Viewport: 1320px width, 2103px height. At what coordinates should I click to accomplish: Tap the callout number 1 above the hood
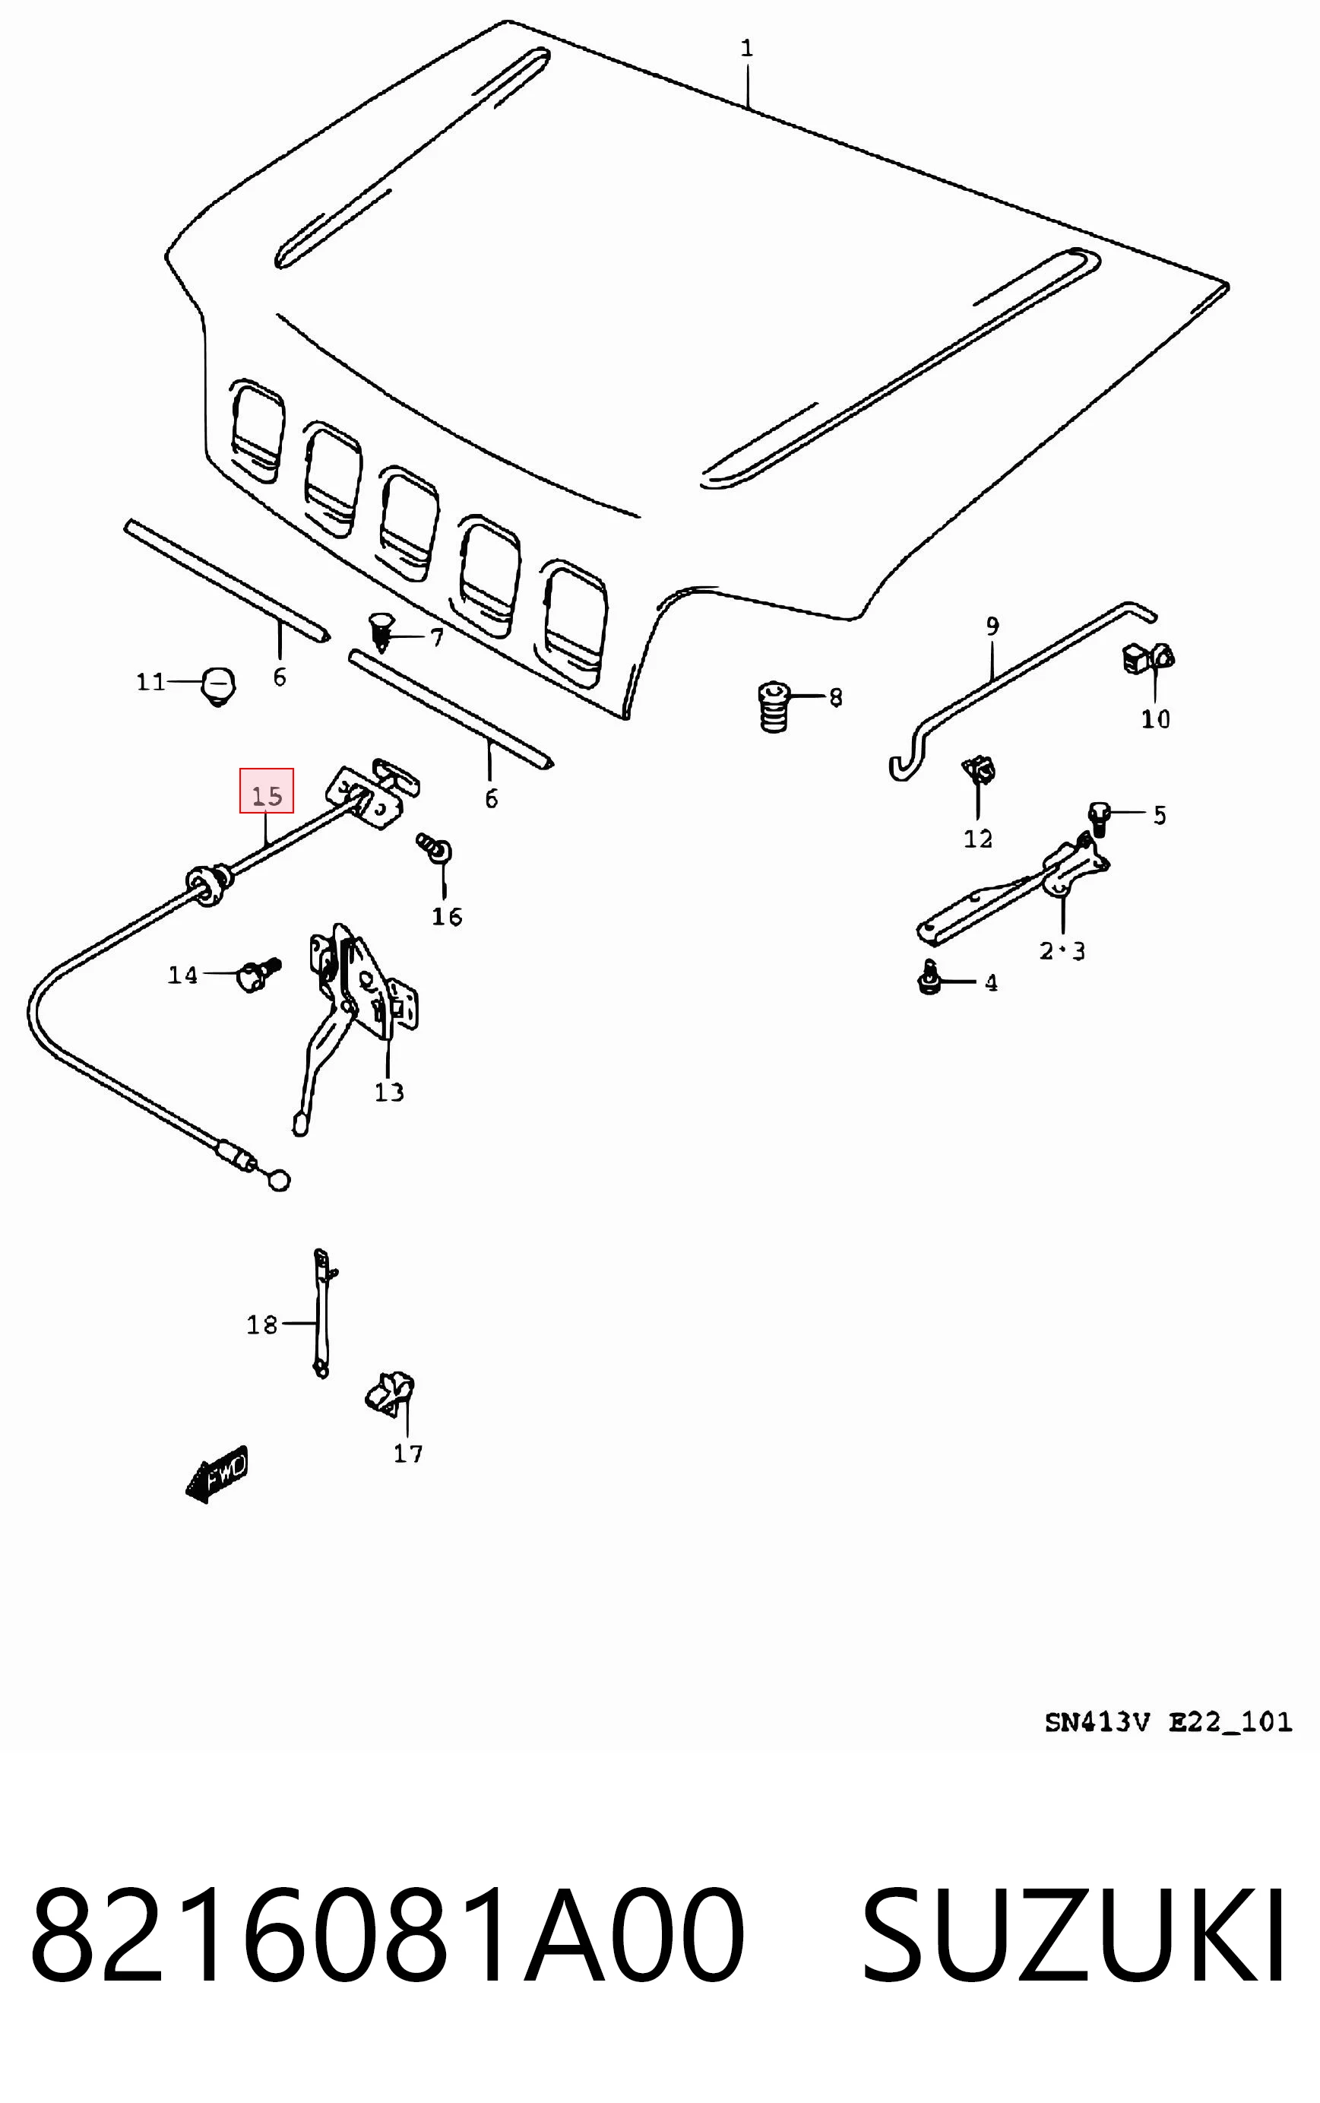[x=746, y=48]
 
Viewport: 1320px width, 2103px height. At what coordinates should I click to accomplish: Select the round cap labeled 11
[x=218, y=686]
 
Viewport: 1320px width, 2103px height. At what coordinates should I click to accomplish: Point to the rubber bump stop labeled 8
[x=773, y=706]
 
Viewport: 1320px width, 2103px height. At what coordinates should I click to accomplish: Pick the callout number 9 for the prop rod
[x=992, y=626]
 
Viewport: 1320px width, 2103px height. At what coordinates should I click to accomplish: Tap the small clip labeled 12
[x=979, y=769]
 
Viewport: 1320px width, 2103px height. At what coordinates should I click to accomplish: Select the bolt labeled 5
[x=1098, y=817]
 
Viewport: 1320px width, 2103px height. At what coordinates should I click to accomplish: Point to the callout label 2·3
[x=1062, y=950]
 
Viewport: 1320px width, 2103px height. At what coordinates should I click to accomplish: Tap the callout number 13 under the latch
[x=389, y=1092]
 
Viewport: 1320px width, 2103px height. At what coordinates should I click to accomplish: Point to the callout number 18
[x=262, y=1325]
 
